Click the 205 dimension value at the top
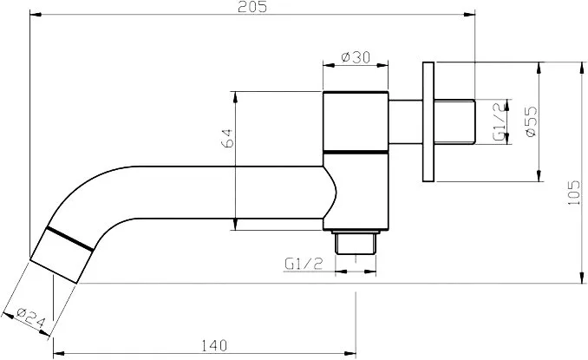click(x=252, y=6)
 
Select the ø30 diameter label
click(x=356, y=57)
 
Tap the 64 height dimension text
click(x=227, y=138)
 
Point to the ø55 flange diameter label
click(x=531, y=121)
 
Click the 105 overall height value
click(x=573, y=193)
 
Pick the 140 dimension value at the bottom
click(x=214, y=345)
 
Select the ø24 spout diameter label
click(x=31, y=317)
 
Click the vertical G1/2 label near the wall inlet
click(x=500, y=122)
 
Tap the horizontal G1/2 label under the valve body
click(x=304, y=264)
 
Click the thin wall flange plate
click(x=428, y=121)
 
